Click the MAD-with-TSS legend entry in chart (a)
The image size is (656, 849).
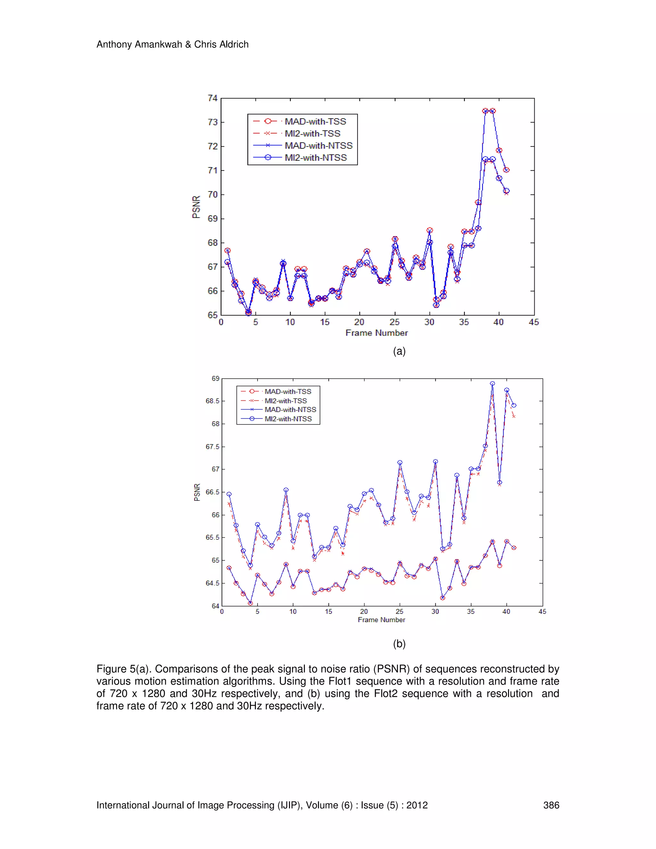[x=315, y=121]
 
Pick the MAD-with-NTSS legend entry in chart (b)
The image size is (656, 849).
[x=290, y=409]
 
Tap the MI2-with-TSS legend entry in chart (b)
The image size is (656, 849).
[x=286, y=400]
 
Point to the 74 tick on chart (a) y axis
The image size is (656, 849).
[x=212, y=98]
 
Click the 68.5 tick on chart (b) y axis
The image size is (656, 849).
[x=213, y=401]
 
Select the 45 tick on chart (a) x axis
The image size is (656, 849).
[x=534, y=322]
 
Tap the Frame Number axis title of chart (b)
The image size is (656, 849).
[x=381, y=620]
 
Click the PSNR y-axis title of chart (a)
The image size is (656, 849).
[x=196, y=207]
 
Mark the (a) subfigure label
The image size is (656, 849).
[x=399, y=351]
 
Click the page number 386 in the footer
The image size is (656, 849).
[x=551, y=805]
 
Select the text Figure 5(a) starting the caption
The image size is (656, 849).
[x=124, y=669]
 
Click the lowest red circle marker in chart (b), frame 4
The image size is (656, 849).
[x=250, y=603]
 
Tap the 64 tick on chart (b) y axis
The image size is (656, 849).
[x=215, y=606]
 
